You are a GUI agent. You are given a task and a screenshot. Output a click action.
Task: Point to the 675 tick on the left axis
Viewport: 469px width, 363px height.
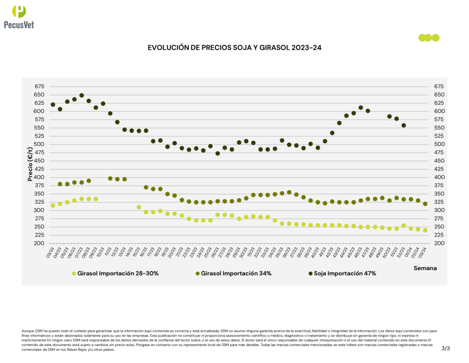pos(39,86)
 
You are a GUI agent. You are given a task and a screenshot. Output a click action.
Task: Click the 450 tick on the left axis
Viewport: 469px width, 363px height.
pos(39,161)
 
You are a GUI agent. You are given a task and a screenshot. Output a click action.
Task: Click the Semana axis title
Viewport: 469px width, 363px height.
pos(425,268)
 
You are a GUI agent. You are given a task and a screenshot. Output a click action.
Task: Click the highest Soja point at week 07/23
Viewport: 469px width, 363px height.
pos(82,95)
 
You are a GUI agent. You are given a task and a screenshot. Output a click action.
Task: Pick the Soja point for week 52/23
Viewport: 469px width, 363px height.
pos(404,125)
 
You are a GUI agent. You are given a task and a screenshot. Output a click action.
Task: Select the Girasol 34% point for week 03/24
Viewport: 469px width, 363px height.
pos(425,204)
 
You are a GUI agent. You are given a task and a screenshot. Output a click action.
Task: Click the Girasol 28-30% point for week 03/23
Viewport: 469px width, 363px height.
pos(53,206)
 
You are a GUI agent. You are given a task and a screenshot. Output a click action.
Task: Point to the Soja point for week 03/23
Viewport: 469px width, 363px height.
pos(53,105)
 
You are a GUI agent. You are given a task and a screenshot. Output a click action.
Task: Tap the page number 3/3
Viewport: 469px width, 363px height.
pos(446,349)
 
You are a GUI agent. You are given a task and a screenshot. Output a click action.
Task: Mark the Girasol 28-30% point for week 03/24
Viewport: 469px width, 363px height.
pos(425,230)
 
